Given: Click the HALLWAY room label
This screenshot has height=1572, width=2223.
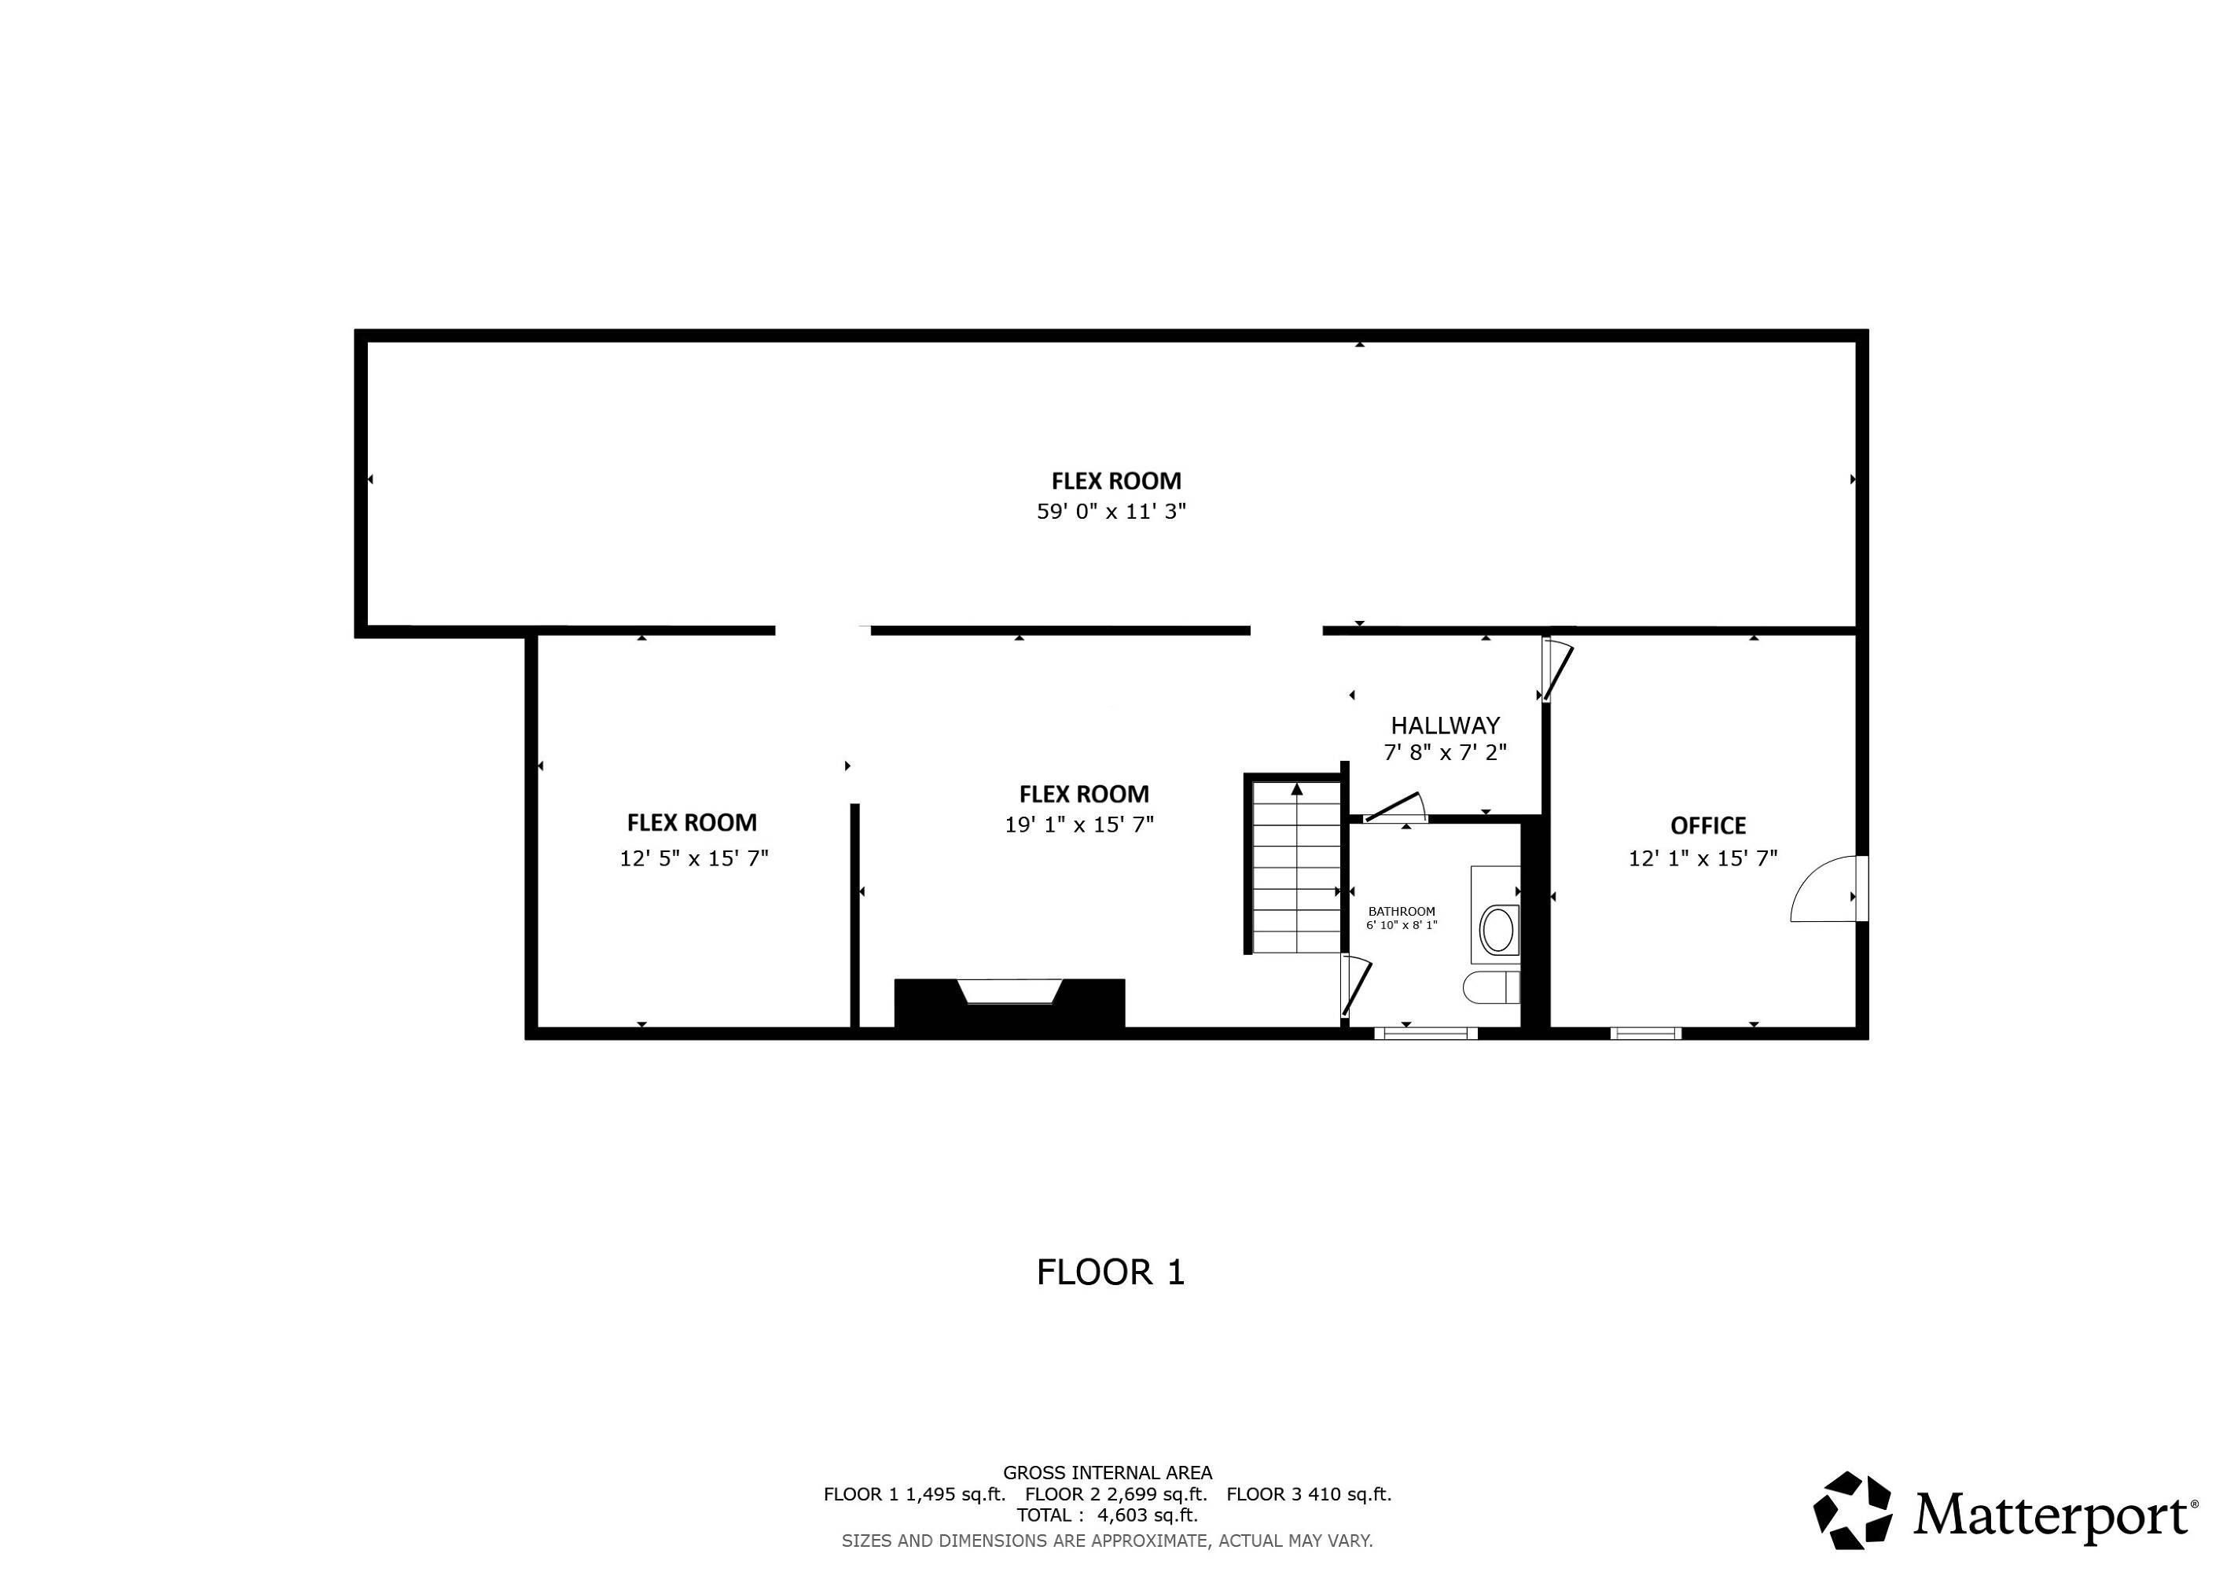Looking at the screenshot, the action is click(x=1445, y=725).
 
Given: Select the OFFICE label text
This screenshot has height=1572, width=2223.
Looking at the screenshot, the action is click(x=1708, y=825).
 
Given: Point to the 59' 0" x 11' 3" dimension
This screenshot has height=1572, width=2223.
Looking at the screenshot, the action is click(x=1111, y=511).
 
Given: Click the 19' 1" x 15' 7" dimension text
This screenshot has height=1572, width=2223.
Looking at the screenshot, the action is click(x=1079, y=825).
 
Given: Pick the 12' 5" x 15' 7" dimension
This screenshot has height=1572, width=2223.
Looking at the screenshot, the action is click(x=694, y=858).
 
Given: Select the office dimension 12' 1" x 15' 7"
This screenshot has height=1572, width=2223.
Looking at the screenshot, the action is click(x=1703, y=858).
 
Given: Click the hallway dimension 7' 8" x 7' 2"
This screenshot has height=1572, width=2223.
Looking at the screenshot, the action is click(x=1445, y=752).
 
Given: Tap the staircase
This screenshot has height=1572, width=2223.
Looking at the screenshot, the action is click(x=1295, y=865).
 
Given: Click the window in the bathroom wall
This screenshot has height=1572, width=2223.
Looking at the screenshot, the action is click(x=1425, y=1033).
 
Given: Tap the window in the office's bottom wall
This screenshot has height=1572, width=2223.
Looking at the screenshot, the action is click(x=1646, y=1033).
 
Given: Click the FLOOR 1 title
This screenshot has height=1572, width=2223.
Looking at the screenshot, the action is click(x=1111, y=1272).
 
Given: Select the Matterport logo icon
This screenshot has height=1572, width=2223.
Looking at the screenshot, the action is click(x=1852, y=1511).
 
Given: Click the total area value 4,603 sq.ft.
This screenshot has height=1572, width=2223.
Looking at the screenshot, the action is click(x=1148, y=1515).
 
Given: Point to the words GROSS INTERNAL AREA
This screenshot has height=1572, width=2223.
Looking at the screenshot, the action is click(x=1108, y=1472).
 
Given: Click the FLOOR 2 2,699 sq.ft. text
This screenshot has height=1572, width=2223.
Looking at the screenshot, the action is click(x=1116, y=1493).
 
